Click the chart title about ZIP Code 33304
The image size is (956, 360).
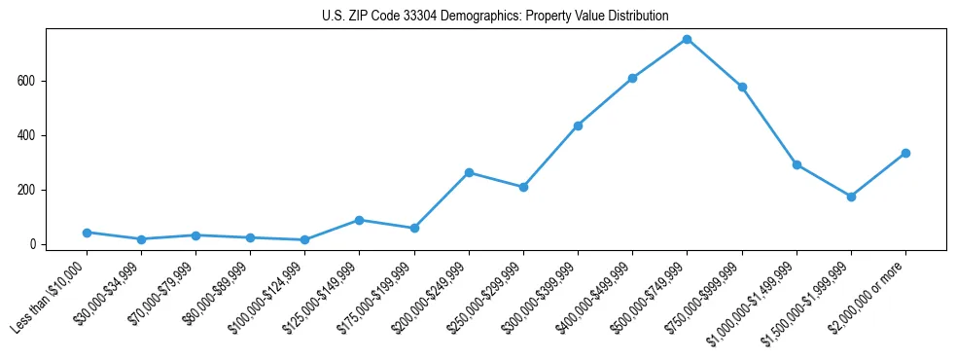pos(495,16)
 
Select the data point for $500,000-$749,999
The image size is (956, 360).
pos(687,39)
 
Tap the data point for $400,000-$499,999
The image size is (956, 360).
pos(632,78)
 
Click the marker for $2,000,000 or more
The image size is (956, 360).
pos(905,153)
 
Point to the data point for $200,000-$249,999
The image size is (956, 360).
pos(469,172)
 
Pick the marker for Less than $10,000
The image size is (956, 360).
pos(87,233)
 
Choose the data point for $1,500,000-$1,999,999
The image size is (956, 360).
pos(851,197)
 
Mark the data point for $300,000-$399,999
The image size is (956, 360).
pos(578,126)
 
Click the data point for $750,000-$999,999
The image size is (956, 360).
pos(742,87)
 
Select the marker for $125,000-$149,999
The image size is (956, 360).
pos(360,220)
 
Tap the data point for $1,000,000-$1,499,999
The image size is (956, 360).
pos(797,164)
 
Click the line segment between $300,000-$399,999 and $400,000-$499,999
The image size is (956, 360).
pos(605,102)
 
